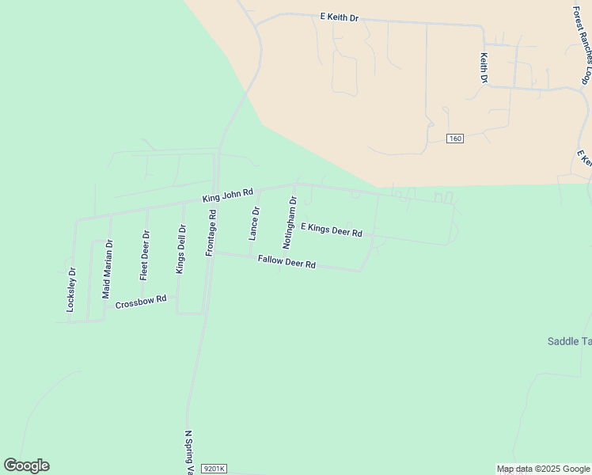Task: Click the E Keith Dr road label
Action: coord(339,17)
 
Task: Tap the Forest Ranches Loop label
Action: coord(582,45)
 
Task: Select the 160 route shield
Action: coord(454,139)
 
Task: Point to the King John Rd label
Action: coord(227,194)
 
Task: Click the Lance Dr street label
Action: coord(254,223)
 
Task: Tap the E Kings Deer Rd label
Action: coord(331,229)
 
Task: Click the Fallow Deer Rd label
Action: coord(287,263)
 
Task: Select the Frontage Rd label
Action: coord(211,233)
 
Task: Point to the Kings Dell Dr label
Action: coord(180,249)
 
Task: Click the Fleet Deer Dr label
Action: coord(144,255)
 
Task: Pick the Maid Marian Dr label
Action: coord(108,268)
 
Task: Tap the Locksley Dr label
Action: coord(70,289)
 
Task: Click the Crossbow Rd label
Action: coord(141,302)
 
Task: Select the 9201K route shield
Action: coord(214,469)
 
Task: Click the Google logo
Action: coord(26,465)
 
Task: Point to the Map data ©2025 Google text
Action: coord(543,469)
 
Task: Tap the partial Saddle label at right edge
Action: coord(569,341)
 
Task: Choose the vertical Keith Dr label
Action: coord(484,69)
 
